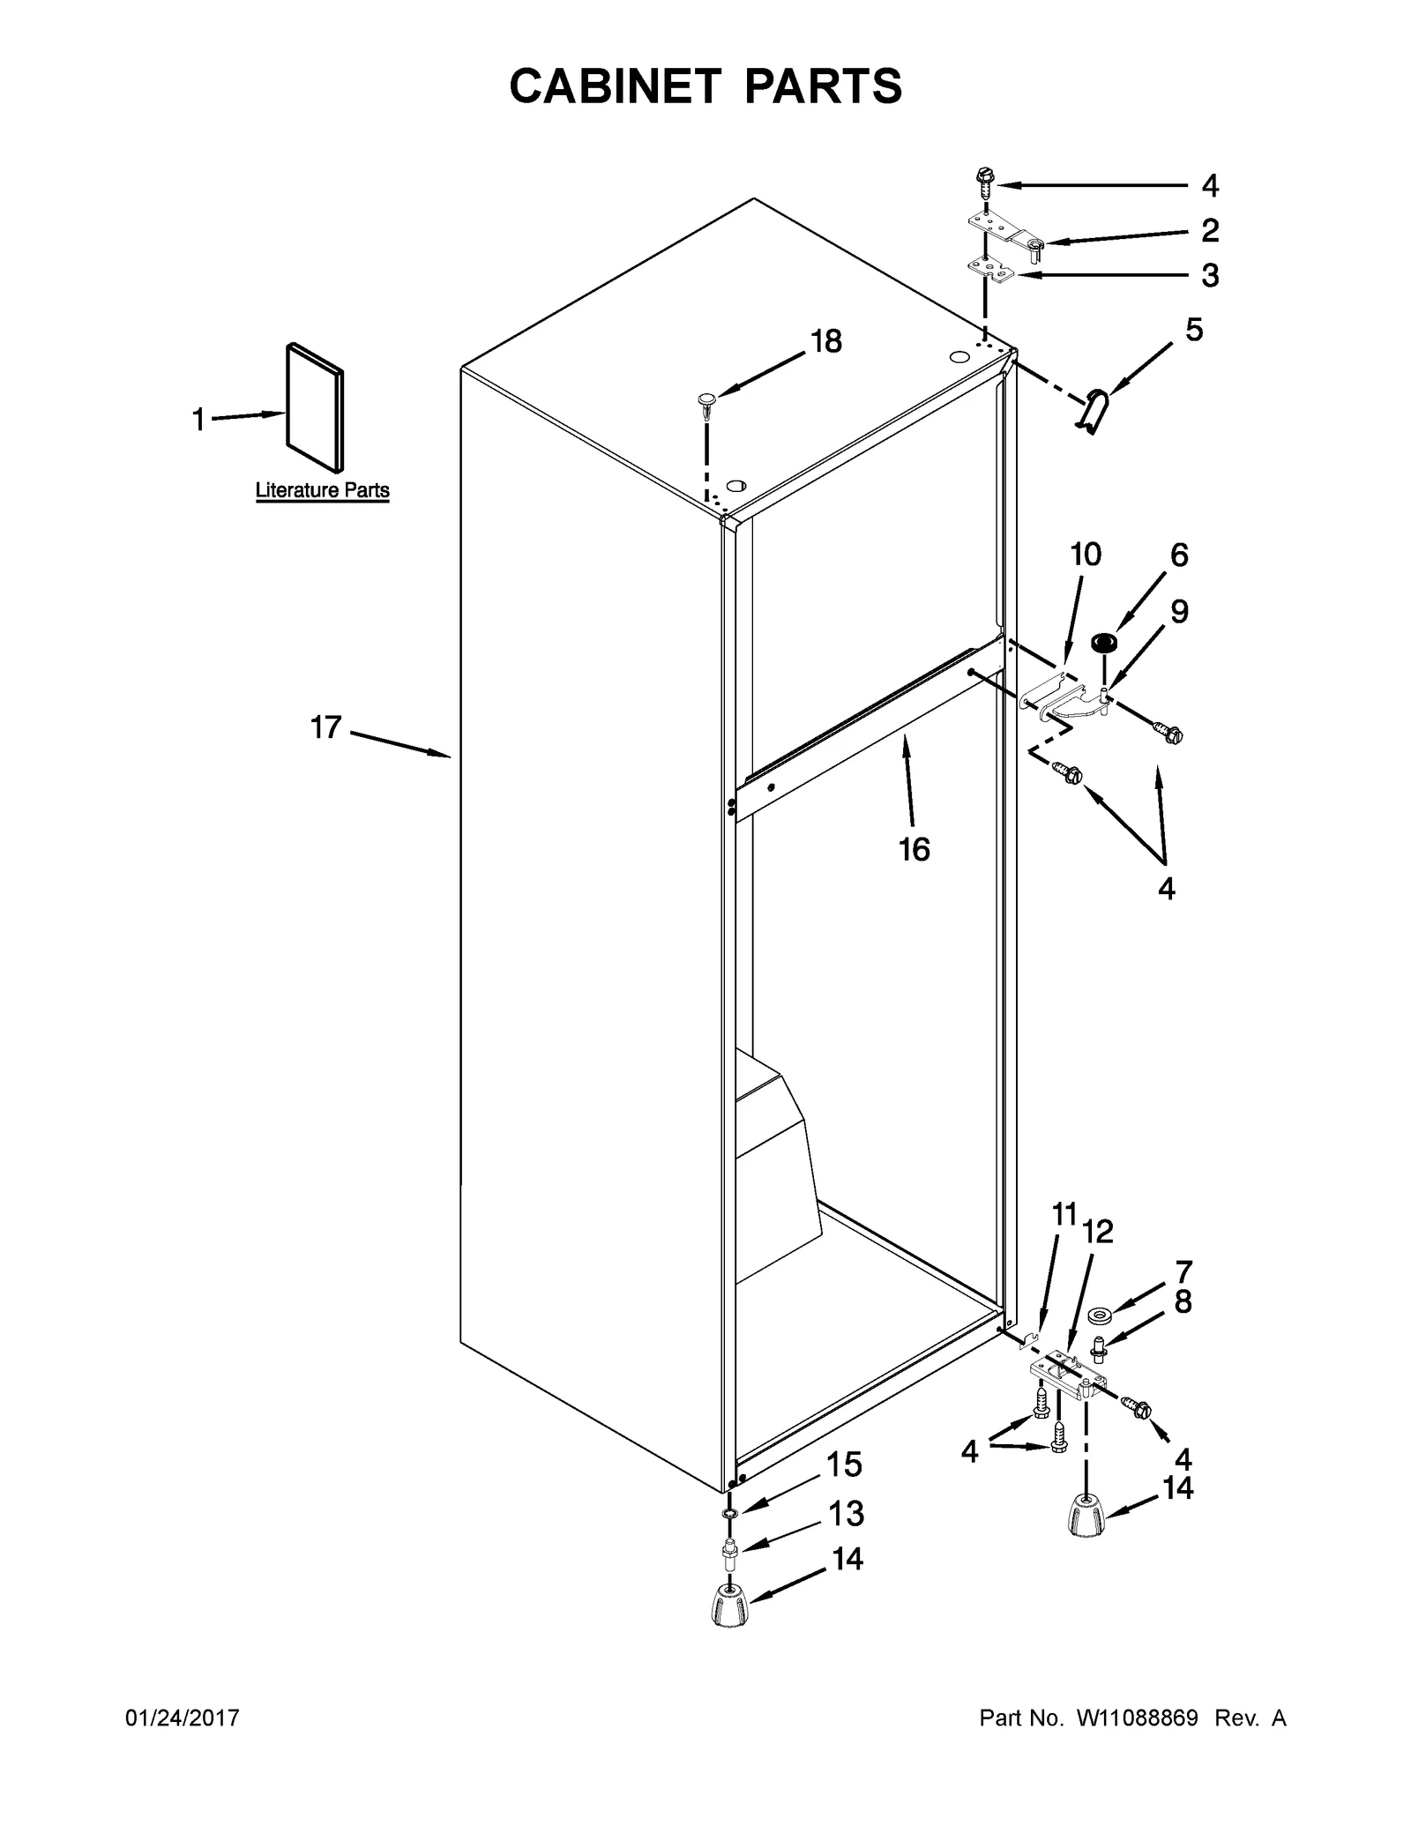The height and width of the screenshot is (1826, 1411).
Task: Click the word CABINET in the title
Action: [x=616, y=86]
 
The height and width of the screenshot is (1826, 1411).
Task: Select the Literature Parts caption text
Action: [x=322, y=490]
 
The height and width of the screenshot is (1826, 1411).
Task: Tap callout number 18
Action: [x=826, y=341]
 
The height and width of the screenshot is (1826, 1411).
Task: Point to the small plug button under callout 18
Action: [x=705, y=402]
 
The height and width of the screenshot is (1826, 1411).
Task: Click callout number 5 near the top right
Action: [x=1193, y=330]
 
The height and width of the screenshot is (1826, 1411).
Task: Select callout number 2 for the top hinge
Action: [x=1210, y=230]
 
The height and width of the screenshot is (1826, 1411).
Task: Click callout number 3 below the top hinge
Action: [x=1210, y=276]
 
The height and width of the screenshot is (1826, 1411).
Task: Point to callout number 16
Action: [x=915, y=849]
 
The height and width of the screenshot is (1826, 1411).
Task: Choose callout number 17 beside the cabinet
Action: [x=325, y=727]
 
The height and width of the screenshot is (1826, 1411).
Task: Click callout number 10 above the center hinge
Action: [x=1086, y=555]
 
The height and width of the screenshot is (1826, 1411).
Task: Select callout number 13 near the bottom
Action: [x=847, y=1515]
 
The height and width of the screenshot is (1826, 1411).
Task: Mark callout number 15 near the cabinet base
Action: [x=844, y=1465]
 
